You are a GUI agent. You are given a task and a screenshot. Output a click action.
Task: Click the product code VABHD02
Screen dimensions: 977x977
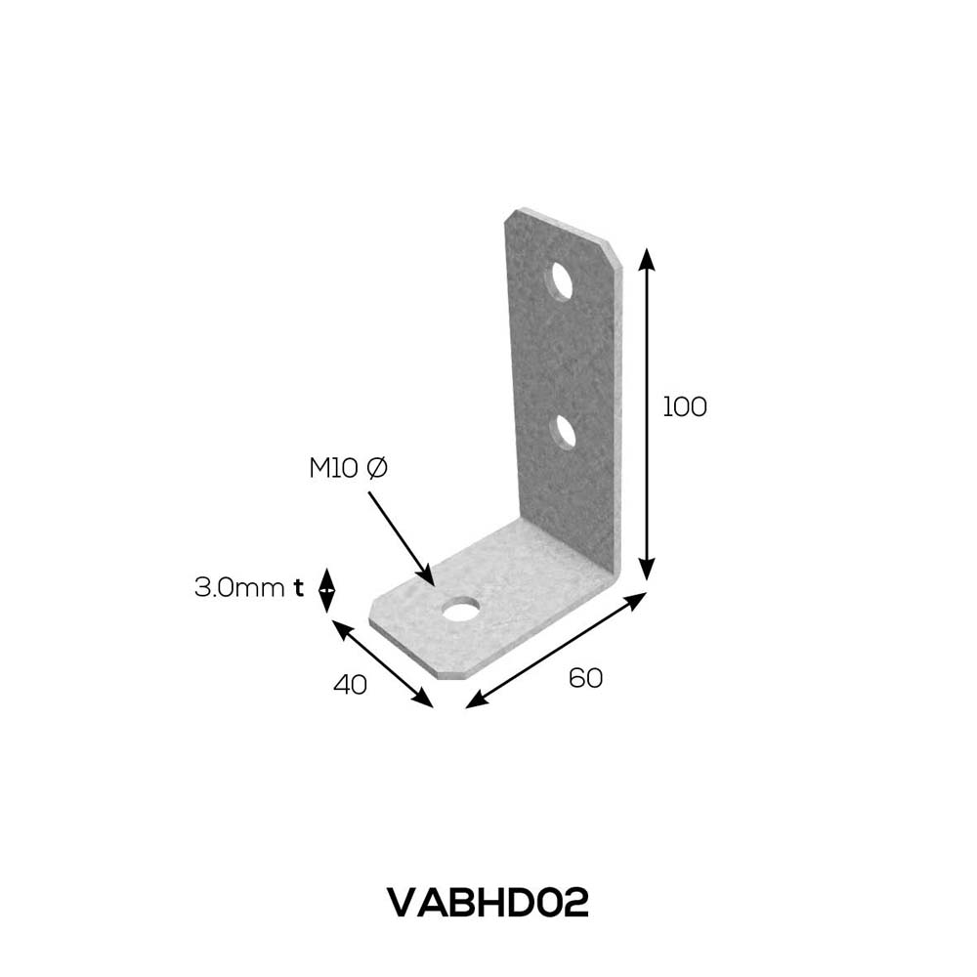tap(488, 903)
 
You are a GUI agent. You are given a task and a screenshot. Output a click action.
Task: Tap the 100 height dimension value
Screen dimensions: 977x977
tap(684, 406)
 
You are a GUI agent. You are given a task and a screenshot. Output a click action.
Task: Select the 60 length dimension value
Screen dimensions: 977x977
tap(585, 678)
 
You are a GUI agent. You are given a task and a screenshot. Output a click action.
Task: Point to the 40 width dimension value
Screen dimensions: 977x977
tap(350, 685)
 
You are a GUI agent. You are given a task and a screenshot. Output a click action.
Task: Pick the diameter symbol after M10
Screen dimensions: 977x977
tap(377, 468)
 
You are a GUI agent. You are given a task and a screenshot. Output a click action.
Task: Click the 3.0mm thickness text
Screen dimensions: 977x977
tap(239, 587)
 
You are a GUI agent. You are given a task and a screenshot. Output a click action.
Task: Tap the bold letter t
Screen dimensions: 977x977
tap(298, 587)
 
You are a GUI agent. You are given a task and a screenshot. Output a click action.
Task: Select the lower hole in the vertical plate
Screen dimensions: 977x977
tap(565, 431)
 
